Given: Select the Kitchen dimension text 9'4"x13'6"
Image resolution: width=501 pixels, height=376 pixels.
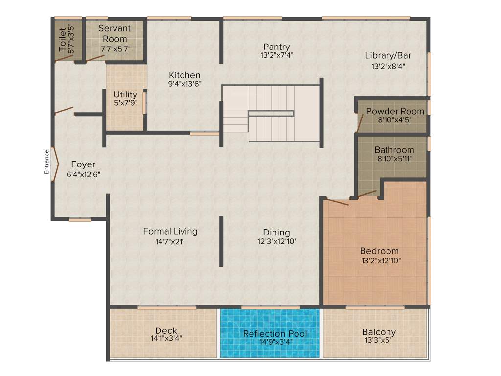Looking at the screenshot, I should pyautogui.click(x=184, y=84).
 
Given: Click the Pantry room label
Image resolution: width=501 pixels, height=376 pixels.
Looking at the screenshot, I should pyautogui.click(x=276, y=47).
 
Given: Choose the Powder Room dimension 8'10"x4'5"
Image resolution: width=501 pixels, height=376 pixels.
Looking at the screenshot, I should pyautogui.click(x=395, y=119).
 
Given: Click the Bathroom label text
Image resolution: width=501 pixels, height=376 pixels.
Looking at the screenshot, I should pyautogui.click(x=394, y=150).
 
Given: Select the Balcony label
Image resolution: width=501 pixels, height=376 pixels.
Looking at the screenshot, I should pyautogui.click(x=379, y=332).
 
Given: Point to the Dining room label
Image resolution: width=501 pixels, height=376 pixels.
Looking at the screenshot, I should pyautogui.click(x=276, y=232).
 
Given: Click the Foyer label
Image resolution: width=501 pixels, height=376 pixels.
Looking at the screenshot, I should pyautogui.click(x=83, y=164).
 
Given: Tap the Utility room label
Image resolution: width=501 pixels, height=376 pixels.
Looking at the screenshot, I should pyautogui.click(x=125, y=94).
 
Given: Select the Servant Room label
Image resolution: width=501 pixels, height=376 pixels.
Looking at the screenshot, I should pyautogui.click(x=115, y=34).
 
